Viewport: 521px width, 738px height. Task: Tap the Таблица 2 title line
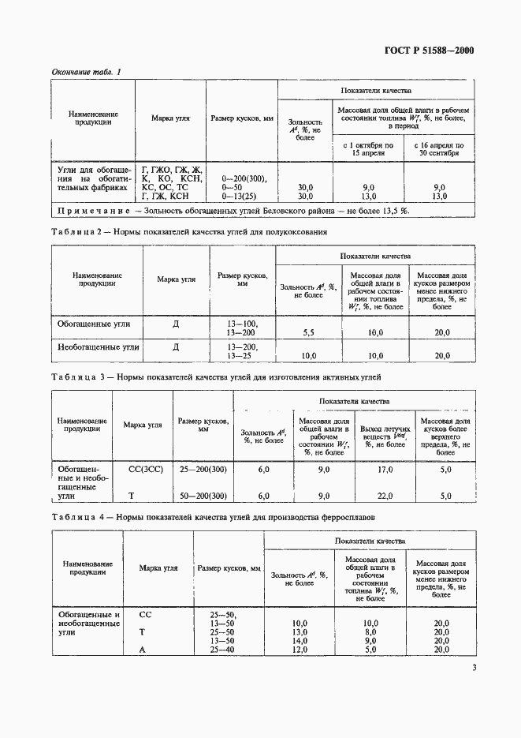click(x=188, y=233)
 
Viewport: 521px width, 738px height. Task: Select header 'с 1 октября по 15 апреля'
click(x=368, y=150)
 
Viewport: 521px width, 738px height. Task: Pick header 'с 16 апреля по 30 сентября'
click(x=439, y=150)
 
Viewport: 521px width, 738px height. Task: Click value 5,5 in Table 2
click(x=308, y=333)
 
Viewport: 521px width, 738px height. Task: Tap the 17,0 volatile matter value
click(x=385, y=470)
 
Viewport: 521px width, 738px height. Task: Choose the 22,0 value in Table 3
click(x=385, y=496)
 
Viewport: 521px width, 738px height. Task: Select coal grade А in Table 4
click(x=143, y=650)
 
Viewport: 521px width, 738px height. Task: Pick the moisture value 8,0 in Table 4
click(x=371, y=632)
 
